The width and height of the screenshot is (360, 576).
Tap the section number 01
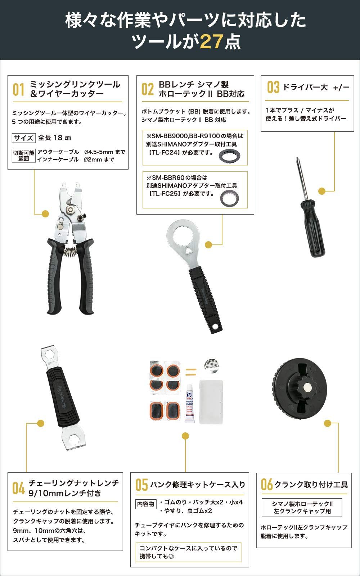(18, 90)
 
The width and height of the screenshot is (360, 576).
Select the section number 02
(147, 90)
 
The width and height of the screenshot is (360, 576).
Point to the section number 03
(273, 87)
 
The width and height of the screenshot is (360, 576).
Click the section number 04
(18, 489)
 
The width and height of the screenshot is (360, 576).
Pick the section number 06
(267, 485)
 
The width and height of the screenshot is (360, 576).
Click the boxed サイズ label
(24, 138)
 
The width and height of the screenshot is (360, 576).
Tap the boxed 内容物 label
(145, 504)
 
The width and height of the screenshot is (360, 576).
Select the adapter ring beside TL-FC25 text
(229, 198)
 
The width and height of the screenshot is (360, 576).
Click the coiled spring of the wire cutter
(71, 251)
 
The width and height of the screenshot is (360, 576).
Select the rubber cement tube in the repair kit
(190, 404)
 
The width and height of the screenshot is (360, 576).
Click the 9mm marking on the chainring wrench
(53, 360)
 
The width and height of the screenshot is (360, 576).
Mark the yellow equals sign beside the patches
(191, 372)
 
